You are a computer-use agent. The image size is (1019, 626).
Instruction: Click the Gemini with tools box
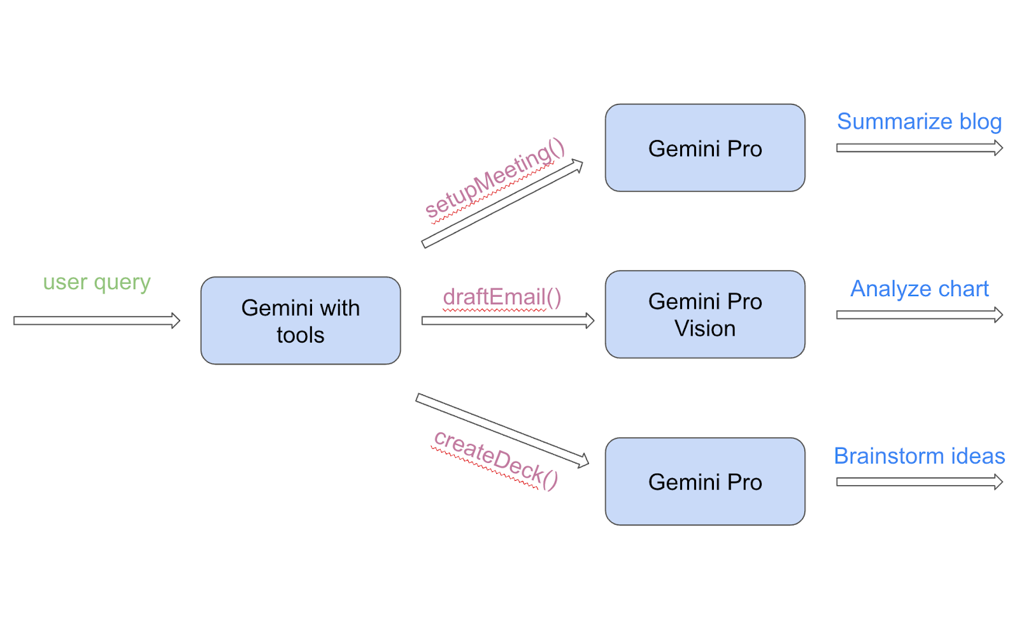click(300, 321)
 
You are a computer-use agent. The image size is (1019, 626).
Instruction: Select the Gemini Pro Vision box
click(704, 315)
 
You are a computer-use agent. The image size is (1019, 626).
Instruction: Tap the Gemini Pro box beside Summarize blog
click(704, 148)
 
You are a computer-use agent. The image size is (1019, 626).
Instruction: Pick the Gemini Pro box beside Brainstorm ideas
click(704, 482)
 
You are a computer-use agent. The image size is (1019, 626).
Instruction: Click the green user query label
click(97, 281)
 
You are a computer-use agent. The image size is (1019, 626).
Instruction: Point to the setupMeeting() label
click(495, 179)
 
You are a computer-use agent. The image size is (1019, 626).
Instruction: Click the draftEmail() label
click(502, 297)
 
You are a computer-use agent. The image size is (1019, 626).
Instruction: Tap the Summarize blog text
click(919, 121)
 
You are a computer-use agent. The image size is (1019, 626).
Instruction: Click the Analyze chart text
click(919, 289)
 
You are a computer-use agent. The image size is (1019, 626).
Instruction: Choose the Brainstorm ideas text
click(919, 456)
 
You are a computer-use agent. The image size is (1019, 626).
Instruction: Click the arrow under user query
click(96, 320)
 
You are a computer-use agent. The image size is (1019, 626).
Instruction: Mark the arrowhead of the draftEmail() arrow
click(589, 320)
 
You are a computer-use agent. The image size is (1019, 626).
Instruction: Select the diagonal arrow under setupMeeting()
click(502, 204)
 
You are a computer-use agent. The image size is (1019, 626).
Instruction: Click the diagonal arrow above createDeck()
click(502, 430)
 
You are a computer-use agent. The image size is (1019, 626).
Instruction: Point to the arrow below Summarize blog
click(918, 148)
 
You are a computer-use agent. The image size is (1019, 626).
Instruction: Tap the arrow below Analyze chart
click(918, 315)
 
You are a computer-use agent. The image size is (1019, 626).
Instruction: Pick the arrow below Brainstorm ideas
click(918, 482)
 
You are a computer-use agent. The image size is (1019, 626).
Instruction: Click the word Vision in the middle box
click(704, 329)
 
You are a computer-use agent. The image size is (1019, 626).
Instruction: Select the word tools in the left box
click(300, 335)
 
